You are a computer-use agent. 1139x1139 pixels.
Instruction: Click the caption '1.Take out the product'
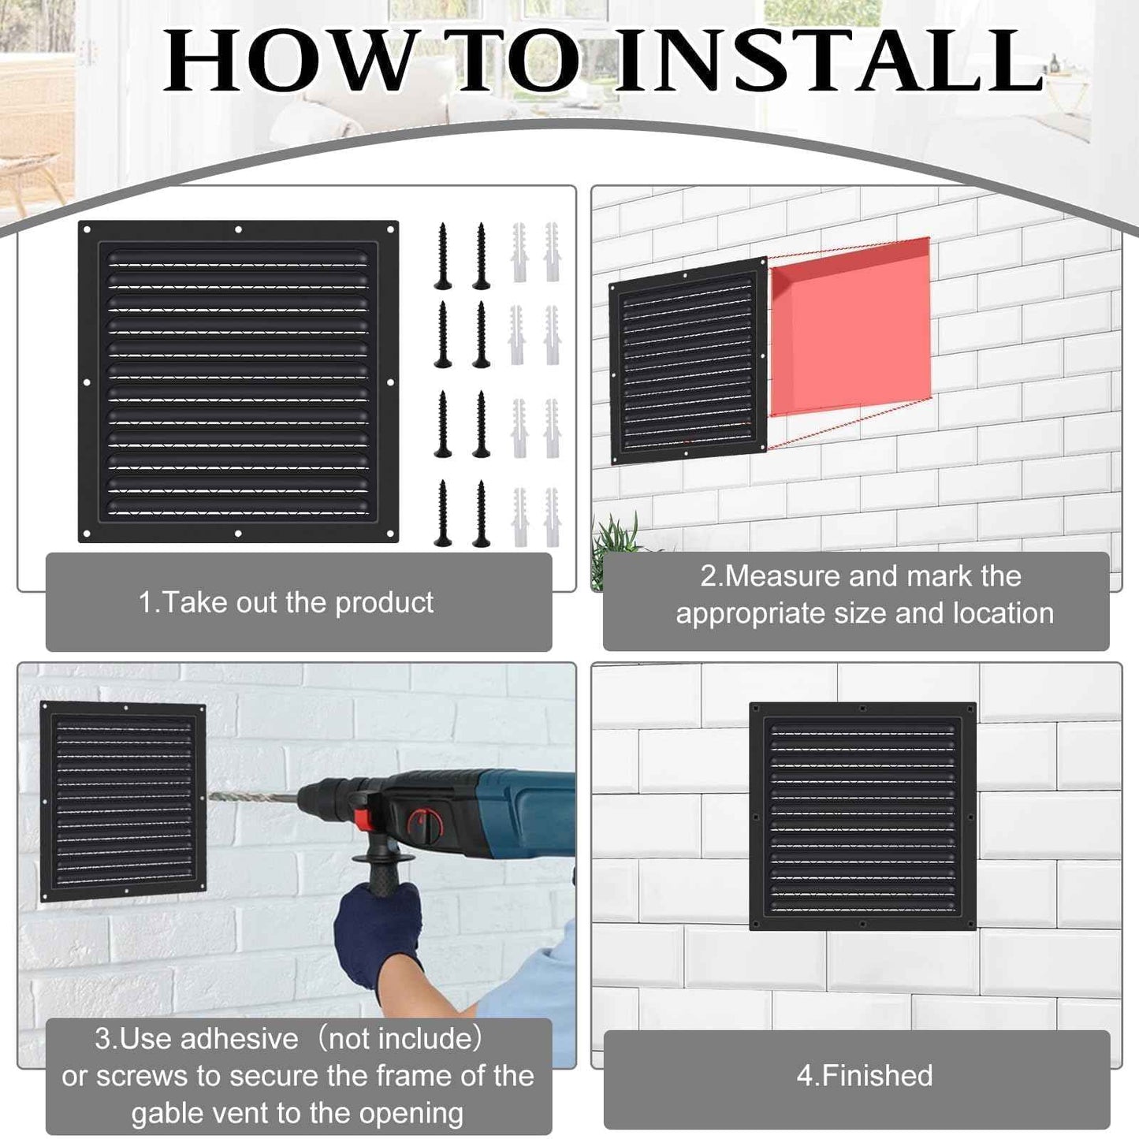click(x=286, y=603)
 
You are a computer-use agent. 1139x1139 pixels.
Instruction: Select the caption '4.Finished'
click(x=865, y=1076)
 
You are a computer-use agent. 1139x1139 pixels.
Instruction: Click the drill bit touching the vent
click(x=252, y=798)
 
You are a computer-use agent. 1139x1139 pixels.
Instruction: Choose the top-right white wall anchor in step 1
click(x=552, y=251)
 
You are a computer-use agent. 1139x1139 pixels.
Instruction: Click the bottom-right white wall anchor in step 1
click(x=552, y=516)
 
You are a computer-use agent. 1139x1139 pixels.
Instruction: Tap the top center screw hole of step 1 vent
click(x=238, y=230)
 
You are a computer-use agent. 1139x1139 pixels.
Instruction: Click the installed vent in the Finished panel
click(x=862, y=816)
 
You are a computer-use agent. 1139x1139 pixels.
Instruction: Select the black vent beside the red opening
click(x=687, y=360)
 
